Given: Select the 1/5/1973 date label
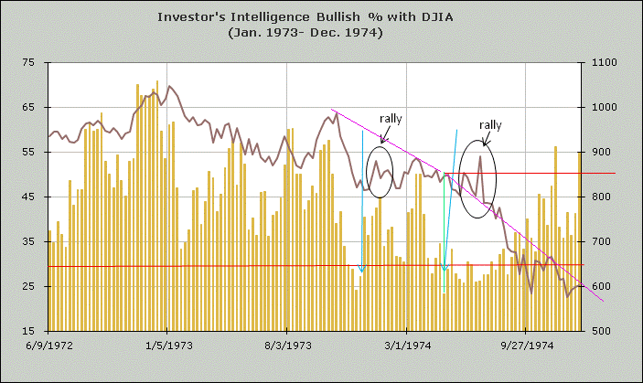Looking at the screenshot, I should click(x=167, y=346).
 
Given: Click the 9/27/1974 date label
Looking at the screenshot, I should click(x=527, y=346).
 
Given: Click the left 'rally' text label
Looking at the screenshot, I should click(x=391, y=119).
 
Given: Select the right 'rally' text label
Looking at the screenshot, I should click(x=490, y=124).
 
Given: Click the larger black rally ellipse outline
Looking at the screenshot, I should click(x=459, y=179).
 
